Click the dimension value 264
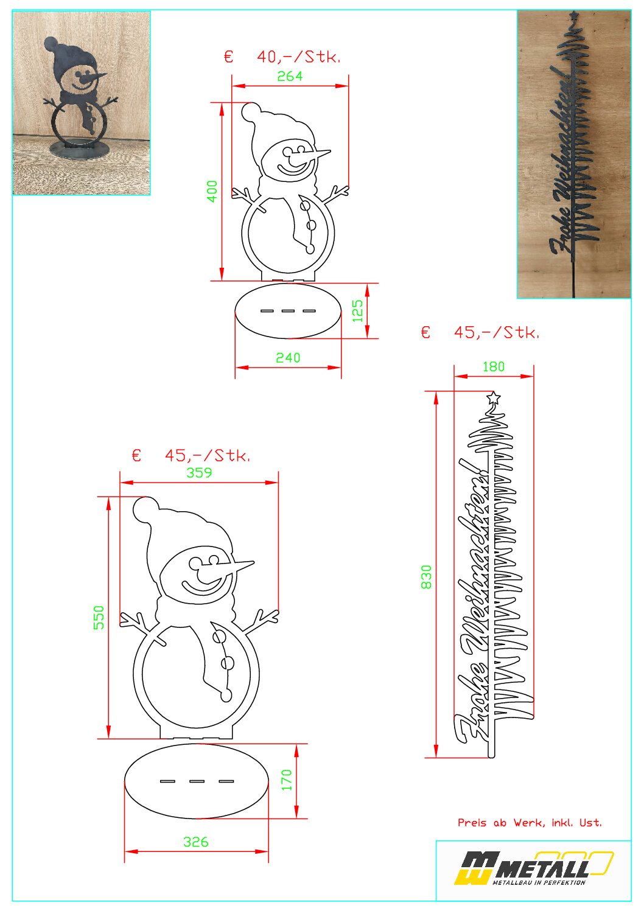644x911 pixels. click(x=290, y=76)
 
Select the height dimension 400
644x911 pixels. click(x=212, y=191)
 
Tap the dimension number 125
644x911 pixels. click(x=357, y=311)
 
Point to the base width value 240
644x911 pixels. click(x=288, y=357)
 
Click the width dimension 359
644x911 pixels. click(x=199, y=472)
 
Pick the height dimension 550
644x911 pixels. click(x=99, y=617)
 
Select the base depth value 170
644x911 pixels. click(x=287, y=780)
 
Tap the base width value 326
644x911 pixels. click(x=195, y=842)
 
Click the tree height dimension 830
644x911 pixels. click(x=426, y=577)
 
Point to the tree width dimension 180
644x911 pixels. click(x=494, y=366)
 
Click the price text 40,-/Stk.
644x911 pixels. click(x=298, y=57)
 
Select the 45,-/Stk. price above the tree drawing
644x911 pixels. click(x=496, y=332)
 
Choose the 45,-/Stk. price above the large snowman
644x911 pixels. click(x=207, y=455)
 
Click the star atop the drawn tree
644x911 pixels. click(x=494, y=397)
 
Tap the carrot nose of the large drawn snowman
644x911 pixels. click(x=233, y=567)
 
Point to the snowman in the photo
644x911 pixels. click(x=79, y=97)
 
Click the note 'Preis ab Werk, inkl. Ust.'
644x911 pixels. click(x=530, y=822)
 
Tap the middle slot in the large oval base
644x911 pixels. click(x=197, y=781)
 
